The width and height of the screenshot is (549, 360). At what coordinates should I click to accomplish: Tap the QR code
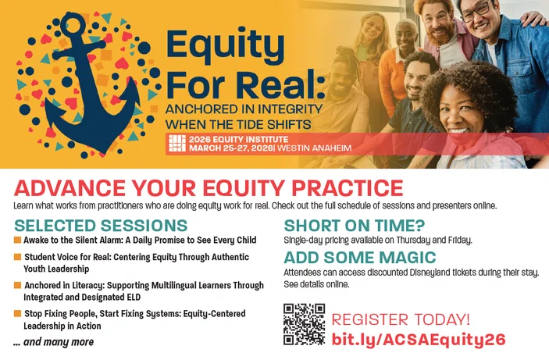click(x=304, y=324)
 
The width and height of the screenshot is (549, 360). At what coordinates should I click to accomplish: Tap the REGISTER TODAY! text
click(x=401, y=319)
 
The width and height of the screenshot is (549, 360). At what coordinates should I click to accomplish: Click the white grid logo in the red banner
click(x=177, y=144)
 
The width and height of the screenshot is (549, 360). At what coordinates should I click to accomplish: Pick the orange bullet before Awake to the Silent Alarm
click(x=17, y=240)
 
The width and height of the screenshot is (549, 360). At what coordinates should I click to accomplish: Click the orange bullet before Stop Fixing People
click(x=17, y=313)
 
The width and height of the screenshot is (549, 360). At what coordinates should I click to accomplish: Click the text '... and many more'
click(x=53, y=341)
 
